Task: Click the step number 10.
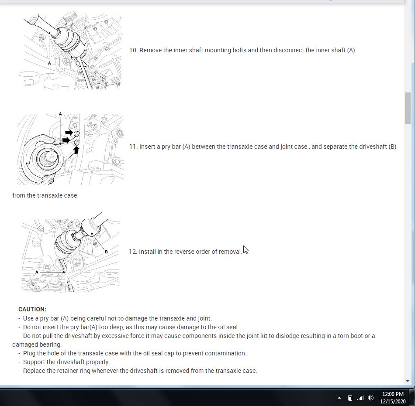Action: [x=133, y=50]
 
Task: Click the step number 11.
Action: [x=133, y=147]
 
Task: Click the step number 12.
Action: [x=133, y=252]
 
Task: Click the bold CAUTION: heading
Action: [x=32, y=309]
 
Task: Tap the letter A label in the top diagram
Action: [x=49, y=63]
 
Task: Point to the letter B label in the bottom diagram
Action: [x=106, y=252]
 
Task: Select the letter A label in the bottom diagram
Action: [x=37, y=272]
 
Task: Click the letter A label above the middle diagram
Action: [x=60, y=114]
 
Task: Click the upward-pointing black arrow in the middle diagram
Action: [x=76, y=150]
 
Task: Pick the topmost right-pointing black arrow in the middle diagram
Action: [x=69, y=132]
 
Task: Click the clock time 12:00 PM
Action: [x=393, y=394]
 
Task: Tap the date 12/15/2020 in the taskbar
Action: [x=393, y=402]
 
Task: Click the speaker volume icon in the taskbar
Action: [x=371, y=398]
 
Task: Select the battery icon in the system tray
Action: [x=350, y=398]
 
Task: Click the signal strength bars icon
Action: [x=360, y=398]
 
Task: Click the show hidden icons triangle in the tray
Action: [x=339, y=398]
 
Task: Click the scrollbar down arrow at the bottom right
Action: [x=408, y=381]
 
